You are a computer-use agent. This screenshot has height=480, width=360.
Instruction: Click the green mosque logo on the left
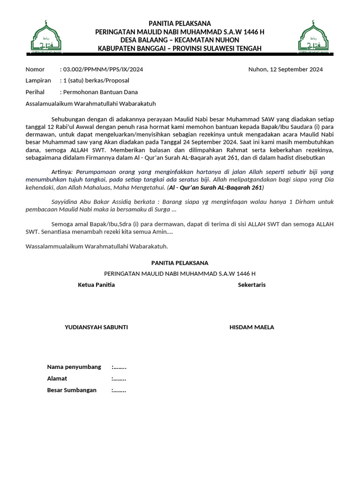[46, 37]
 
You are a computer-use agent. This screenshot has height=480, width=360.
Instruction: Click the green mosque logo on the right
[314, 37]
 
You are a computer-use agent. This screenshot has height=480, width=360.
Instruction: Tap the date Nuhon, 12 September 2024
[285, 69]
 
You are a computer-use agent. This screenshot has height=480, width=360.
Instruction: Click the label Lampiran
[38, 81]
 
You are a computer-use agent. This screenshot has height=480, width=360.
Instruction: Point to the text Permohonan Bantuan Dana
[100, 92]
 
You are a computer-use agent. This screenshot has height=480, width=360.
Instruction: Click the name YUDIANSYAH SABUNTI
[96, 327]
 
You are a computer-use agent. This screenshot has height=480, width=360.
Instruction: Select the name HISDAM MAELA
[252, 327]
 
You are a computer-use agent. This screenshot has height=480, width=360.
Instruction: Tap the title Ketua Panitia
[96, 285]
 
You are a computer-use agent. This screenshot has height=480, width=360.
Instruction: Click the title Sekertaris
[252, 285]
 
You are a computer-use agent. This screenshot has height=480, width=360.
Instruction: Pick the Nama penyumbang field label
[74, 367]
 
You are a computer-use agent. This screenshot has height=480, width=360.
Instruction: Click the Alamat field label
[57, 378]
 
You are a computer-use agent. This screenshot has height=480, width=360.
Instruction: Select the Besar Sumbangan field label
[72, 390]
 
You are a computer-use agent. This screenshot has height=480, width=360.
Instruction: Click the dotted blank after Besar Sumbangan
[119, 390]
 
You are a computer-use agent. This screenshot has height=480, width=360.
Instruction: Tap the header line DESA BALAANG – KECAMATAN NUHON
[180, 40]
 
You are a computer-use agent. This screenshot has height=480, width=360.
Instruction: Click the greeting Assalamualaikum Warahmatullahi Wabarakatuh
[90, 104]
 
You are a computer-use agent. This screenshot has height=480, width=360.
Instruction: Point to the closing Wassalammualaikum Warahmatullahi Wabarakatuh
[97, 246]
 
